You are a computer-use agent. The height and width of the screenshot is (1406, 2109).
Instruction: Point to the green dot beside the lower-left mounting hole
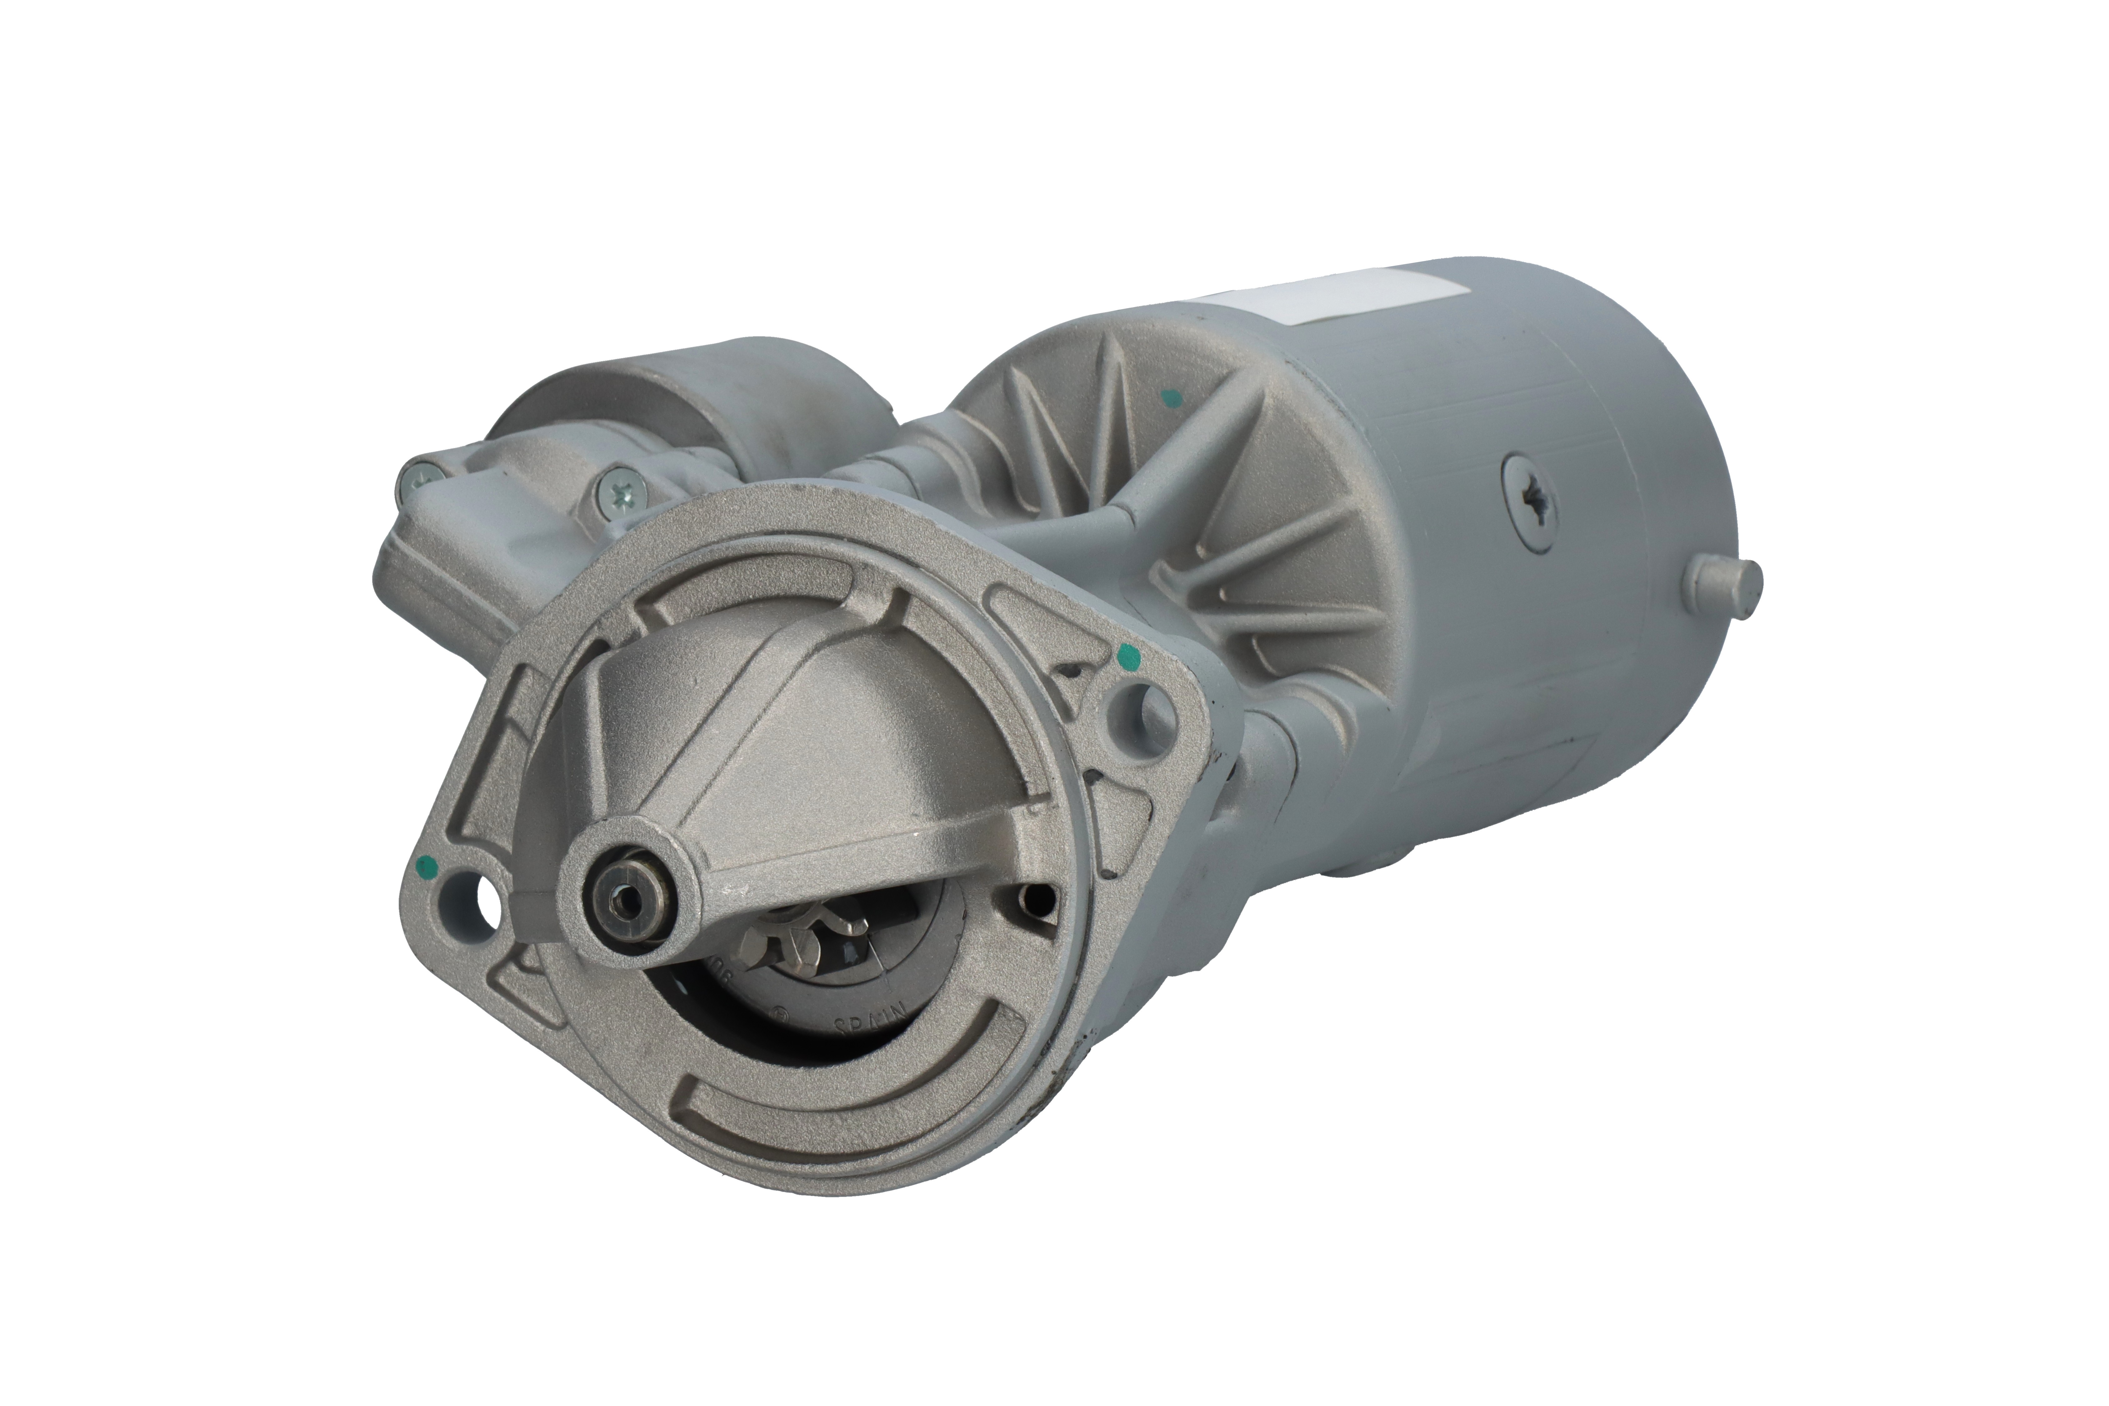tap(429, 867)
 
